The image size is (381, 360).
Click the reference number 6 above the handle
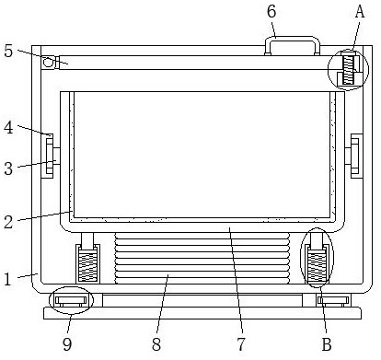(x=271, y=12)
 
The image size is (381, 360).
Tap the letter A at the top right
(x=360, y=12)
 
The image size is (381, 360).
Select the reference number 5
(x=8, y=51)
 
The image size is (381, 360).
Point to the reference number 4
(x=8, y=127)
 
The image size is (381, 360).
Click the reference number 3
(x=8, y=168)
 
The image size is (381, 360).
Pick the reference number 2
(x=8, y=222)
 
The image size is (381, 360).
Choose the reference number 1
(x=8, y=279)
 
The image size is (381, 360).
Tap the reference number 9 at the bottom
(x=67, y=344)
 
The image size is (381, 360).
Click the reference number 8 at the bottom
(x=156, y=344)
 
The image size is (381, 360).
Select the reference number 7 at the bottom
(x=241, y=344)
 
